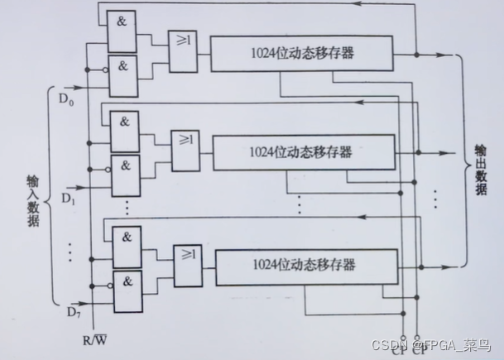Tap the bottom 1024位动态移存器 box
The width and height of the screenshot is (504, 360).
click(304, 266)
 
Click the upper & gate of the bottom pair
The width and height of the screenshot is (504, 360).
click(126, 238)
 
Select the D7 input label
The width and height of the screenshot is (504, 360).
click(72, 311)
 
